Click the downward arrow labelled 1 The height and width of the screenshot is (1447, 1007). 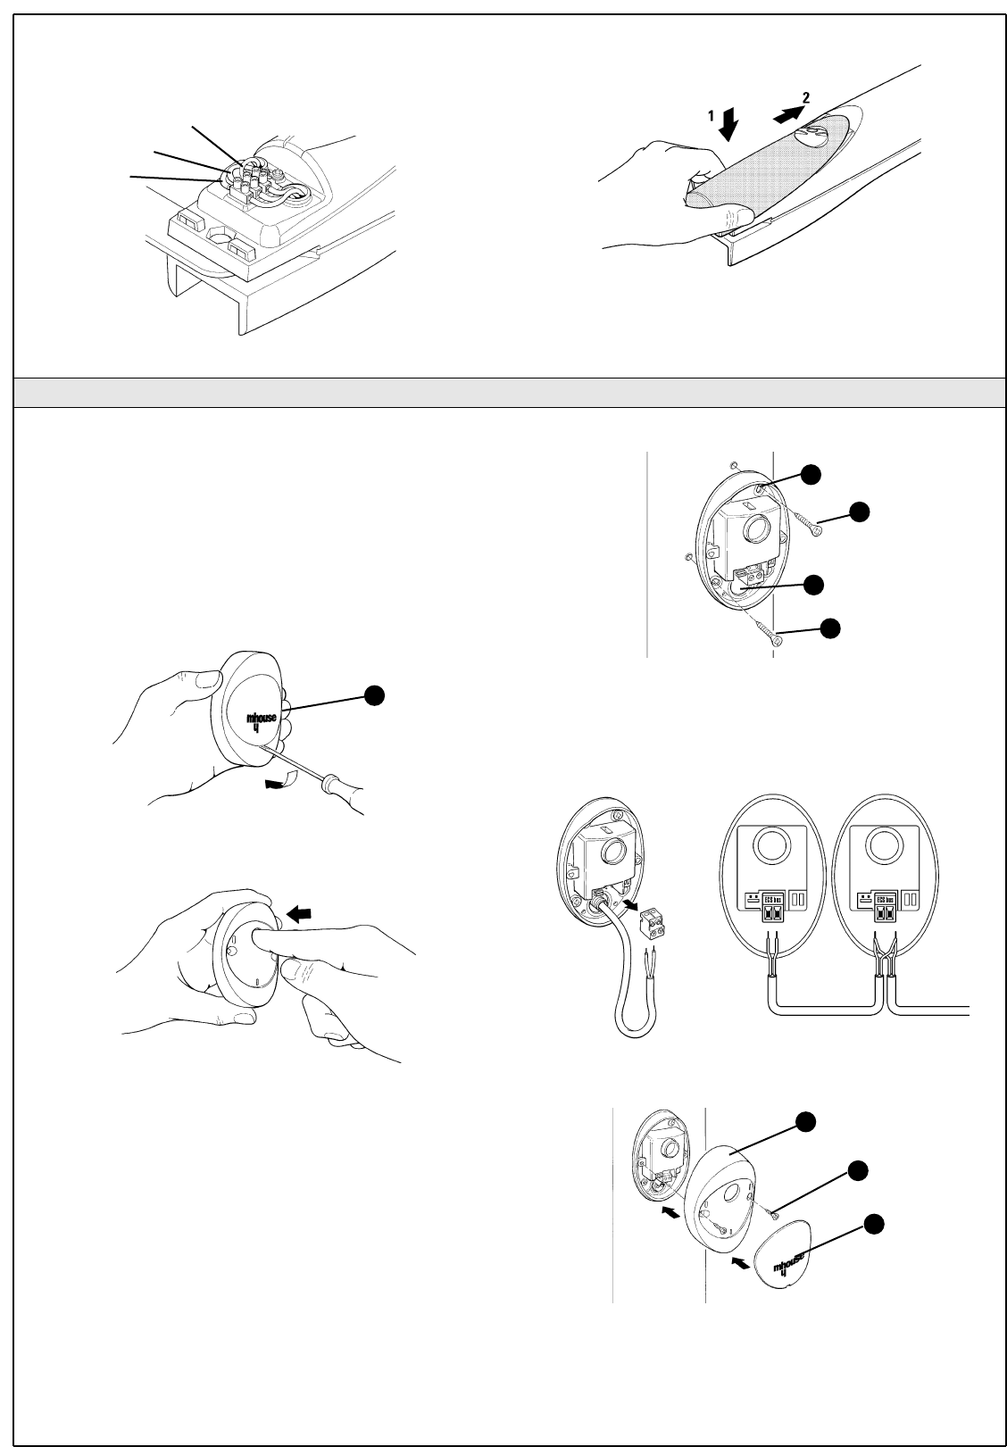729,126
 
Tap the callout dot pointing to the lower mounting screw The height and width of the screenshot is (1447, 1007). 830,627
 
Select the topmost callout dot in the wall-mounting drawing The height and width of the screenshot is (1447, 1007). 811,474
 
